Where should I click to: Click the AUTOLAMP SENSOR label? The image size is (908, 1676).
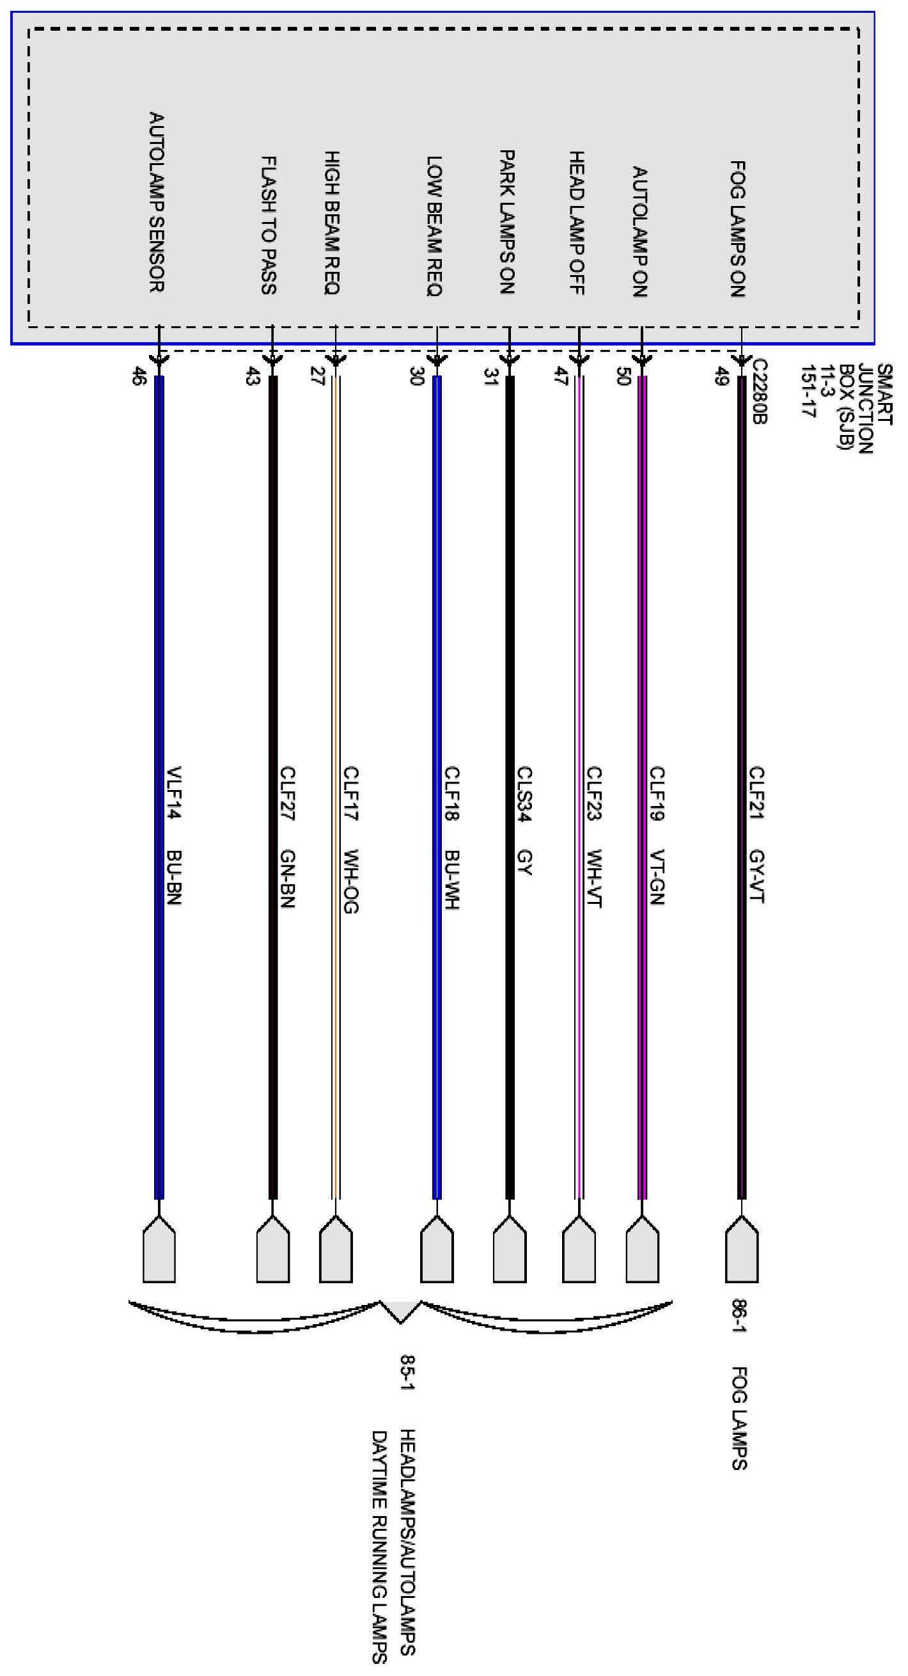[157, 202]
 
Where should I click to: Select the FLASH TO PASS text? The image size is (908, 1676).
[269, 225]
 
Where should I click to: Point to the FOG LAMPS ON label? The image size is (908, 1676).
[737, 229]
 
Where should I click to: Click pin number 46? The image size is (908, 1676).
[138, 376]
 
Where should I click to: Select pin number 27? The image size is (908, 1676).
[317, 376]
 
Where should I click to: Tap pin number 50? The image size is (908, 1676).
[622, 376]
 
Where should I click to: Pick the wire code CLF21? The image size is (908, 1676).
[756, 793]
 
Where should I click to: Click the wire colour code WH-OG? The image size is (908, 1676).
[350, 881]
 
